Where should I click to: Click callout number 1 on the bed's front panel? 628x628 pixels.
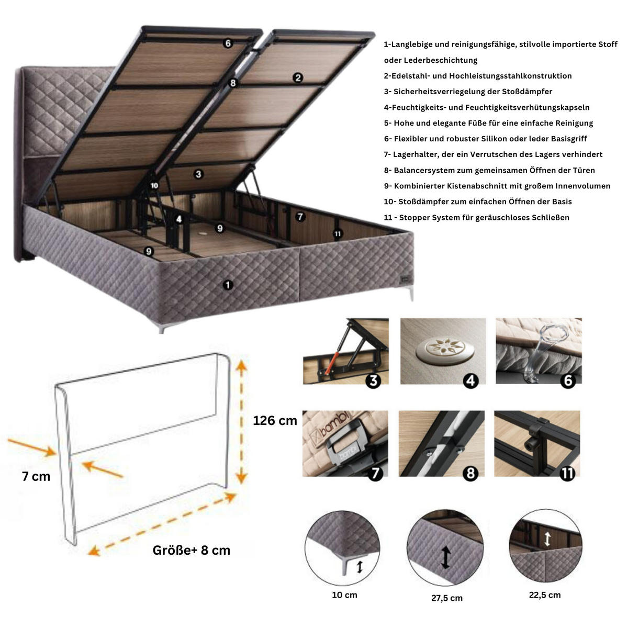[228, 285]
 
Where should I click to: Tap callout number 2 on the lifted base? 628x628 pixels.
[298, 77]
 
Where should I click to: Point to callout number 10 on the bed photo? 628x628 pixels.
[154, 185]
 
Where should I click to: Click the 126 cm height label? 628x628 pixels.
[275, 420]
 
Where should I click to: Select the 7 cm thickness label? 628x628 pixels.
[36, 476]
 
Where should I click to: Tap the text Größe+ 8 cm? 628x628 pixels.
[192, 550]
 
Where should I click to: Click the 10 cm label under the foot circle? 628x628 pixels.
[344, 595]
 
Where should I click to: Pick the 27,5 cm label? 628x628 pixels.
[447, 598]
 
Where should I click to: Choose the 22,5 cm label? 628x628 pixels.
[545, 595]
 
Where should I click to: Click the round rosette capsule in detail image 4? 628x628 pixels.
[439, 348]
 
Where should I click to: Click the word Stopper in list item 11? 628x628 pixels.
[414, 217]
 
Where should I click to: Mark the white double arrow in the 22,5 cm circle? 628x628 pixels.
[547, 539]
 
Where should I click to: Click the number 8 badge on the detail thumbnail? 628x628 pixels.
[470, 474]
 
